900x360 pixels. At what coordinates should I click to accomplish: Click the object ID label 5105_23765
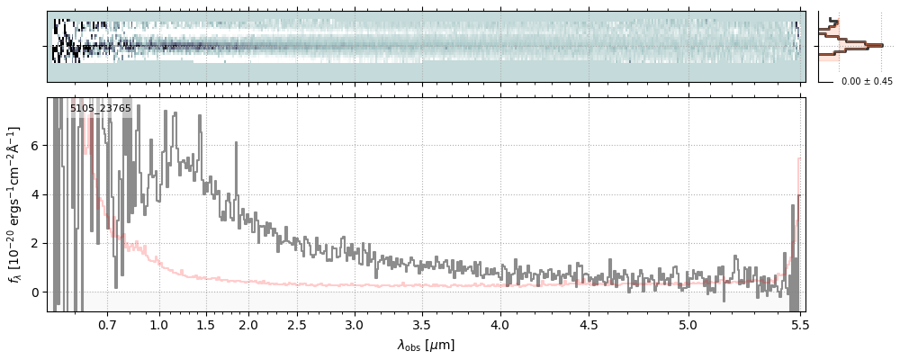[101, 109]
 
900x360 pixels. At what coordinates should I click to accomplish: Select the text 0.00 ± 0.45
[867, 81]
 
